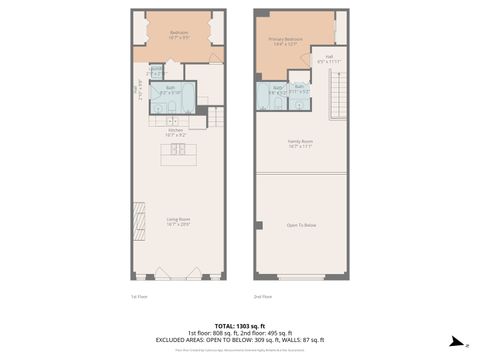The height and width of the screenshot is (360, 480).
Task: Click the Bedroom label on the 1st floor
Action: point(180,35)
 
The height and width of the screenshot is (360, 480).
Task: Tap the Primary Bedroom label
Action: point(284,41)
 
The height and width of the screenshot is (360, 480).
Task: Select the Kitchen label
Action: point(175,130)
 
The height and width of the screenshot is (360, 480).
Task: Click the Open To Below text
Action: point(301,226)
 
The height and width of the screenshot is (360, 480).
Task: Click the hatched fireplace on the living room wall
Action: point(137,230)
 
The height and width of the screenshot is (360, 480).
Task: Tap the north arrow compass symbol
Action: point(454,342)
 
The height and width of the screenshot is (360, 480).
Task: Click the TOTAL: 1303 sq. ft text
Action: point(240,326)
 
